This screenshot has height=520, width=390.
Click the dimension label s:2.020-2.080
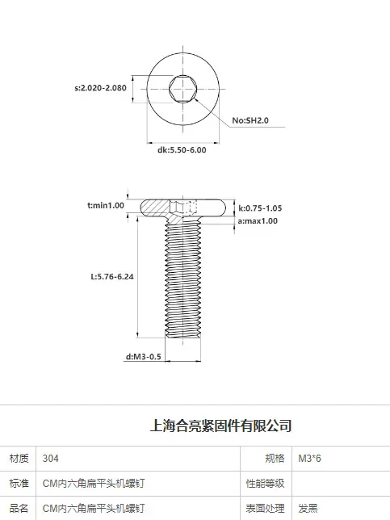(100, 88)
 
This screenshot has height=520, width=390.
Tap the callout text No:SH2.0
(250, 120)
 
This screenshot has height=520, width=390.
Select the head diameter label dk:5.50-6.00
(182, 150)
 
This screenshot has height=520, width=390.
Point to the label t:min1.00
(106, 205)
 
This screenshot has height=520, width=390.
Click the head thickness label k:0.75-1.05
(260, 208)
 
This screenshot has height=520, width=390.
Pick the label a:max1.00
(258, 221)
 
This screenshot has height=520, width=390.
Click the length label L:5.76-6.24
(112, 277)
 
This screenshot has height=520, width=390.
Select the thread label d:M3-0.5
(143, 357)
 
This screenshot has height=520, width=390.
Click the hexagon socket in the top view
(182, 89)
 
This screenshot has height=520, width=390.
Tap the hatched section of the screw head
(155, 208)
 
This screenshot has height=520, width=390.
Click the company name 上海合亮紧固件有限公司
(221, 426)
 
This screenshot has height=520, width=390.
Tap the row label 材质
(19, 459)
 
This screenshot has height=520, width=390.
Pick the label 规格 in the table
(275, 459)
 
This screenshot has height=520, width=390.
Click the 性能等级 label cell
(266, 483)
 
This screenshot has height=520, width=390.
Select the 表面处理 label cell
(266, 508)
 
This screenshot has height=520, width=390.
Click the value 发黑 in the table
(308, 508)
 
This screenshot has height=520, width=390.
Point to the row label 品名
(19, 508)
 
